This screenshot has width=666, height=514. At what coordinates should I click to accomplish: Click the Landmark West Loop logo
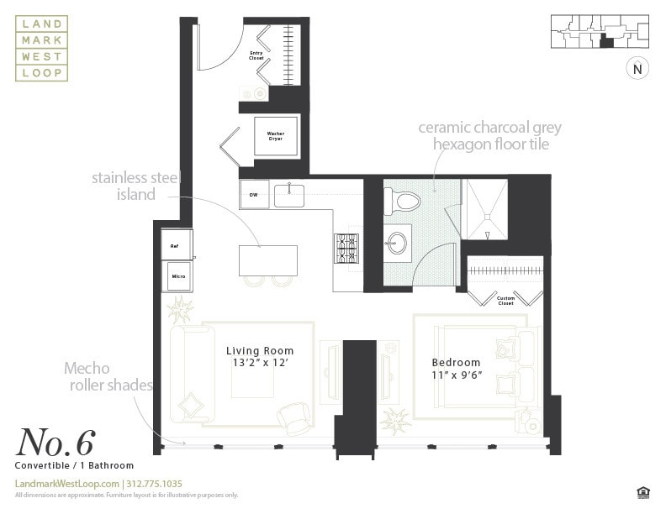pyautogui.click(x=41, y=50)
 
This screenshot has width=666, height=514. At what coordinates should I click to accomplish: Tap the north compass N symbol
pyautogui.click(x=637, y=69)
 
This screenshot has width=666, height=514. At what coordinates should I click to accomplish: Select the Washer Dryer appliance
pyautogui.click(x=276, y=136)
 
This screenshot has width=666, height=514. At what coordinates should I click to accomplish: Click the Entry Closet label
pyautogui.click(x=256, y=55)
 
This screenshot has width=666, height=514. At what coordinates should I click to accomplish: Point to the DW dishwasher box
pyautogui.click(x=254, y=194)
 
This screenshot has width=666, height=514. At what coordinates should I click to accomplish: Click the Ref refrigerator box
pyautogui.click(x=176, y=245)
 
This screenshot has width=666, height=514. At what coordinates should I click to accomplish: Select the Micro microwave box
pyautogui.click(x=177, y=275)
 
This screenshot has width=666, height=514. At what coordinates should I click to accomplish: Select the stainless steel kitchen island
pyautogui.click(x=268, y=260)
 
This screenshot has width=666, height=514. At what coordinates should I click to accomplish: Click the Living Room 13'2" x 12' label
pyautogui.click(x=261, y=357)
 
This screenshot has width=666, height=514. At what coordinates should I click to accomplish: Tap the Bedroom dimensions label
pyautogui.click(x=457, y=369)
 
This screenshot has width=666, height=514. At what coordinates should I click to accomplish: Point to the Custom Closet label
pyautogui.click(x=505, y=300)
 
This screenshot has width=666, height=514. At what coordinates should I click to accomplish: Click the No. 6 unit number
pyautogui.click(x=55, y=442)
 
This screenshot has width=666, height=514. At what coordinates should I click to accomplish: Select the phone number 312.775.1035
pyautogui.click(x=155, y=484)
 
